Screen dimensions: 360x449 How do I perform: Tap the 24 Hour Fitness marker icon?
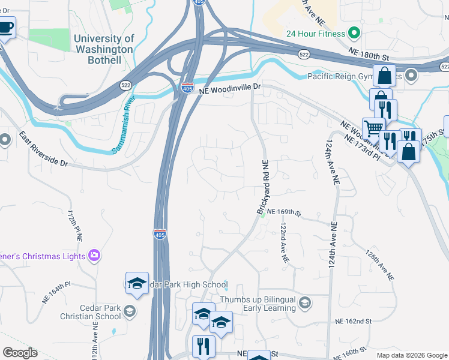click(x=354, y=33)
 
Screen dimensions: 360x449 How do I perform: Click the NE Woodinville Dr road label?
click(x=231, y=87)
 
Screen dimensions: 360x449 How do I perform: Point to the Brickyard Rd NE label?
click(x=262, y=186)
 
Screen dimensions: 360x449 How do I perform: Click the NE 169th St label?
click(x=283, y=212)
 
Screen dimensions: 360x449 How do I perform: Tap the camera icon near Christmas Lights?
click(x=94, y=256)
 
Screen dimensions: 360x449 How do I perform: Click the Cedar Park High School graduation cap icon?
click(x=137, y=284)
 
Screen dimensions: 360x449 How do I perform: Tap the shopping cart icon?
click(x=373, y=128)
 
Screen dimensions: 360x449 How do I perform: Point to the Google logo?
click(x=20, y=353)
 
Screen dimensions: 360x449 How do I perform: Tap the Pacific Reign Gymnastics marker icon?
click(x=411, y=76)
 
